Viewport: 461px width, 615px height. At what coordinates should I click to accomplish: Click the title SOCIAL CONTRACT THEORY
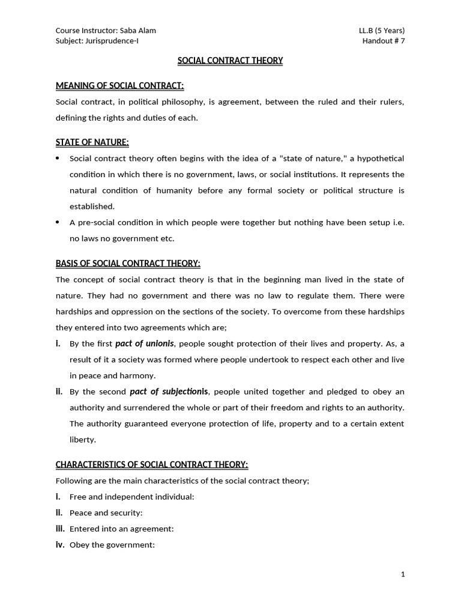tap(230, 61)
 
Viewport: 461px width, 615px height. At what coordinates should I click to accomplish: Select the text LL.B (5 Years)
tap(380, 31)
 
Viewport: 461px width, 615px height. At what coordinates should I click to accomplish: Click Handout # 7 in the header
tap(384, 41)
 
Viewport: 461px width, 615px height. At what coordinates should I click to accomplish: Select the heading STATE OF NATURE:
tap(92, 142)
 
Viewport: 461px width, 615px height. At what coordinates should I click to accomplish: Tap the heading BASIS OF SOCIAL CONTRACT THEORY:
tap(128, 263)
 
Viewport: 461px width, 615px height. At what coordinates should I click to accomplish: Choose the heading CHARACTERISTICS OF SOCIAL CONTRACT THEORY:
tap(151, 464)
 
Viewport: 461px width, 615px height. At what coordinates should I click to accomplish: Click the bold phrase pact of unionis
tap(145, 344)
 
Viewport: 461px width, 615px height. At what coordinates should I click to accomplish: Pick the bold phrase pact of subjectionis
tap(169, 392)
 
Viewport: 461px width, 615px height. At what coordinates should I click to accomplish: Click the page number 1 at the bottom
tap(403, 574)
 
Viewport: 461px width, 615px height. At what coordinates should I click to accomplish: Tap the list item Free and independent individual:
tap(131, 497)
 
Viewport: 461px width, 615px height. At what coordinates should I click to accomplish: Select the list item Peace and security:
tap(106, 513)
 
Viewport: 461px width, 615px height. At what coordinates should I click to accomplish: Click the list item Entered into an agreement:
tap(121, 529)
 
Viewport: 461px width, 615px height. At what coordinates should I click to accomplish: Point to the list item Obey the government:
tap(112, 545)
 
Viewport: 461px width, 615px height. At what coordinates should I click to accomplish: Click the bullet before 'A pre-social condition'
tap(58, 222)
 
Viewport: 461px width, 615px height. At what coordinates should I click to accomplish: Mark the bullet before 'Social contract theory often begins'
tap(58, 159)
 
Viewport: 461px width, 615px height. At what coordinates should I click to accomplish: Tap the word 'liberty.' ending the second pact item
tap(83, 440)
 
